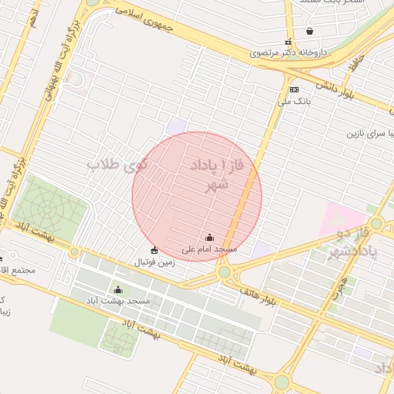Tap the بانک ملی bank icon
point(294,89)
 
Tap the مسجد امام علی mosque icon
point(210,238)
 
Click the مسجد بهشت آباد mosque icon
point(118,290)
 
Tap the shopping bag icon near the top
point(309,32)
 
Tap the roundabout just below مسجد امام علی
point(223,272)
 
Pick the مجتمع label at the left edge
point(20,270)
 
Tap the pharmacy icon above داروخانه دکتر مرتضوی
point(288,42)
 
